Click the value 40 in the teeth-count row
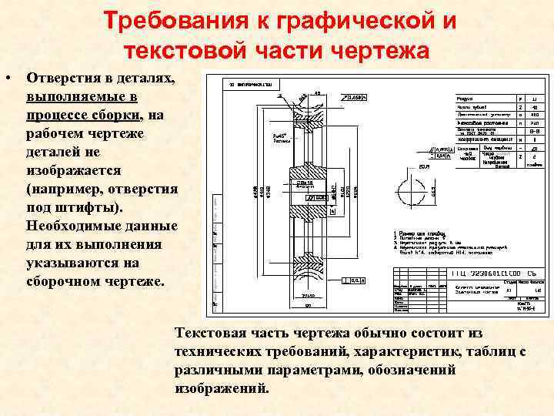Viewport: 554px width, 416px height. (x=534, y=108)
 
